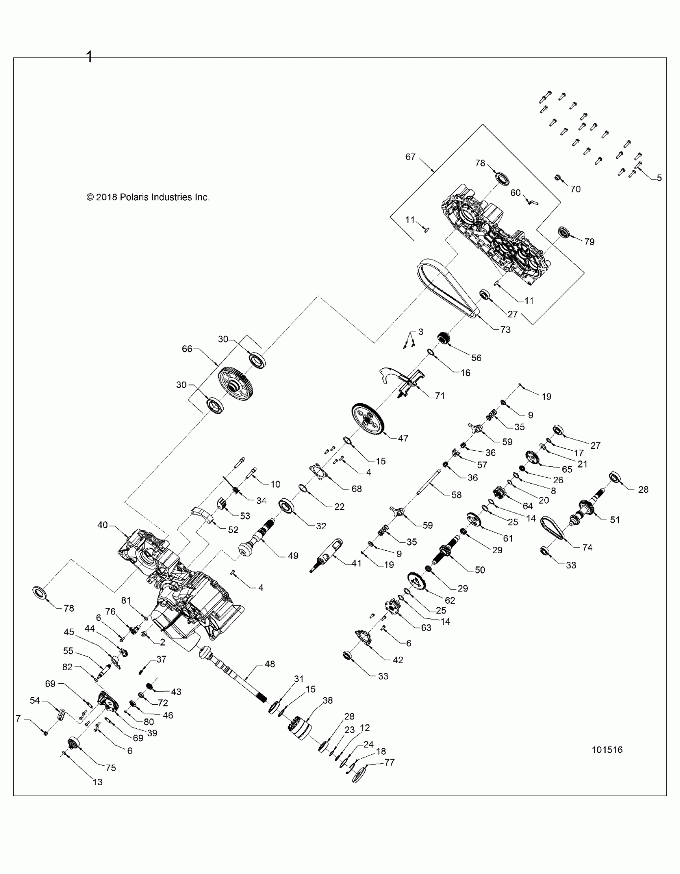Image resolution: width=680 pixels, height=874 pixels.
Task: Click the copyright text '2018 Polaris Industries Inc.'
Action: click(x=148, y=197)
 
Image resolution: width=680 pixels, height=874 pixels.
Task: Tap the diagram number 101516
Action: click(x=607, y=750)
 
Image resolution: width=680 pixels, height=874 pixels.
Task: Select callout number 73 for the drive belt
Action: click(x=506, y=329)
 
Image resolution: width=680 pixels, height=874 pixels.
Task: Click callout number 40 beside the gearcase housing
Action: click(x=102, y=525)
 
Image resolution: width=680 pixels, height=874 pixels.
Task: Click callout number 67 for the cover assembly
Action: click(x=410, y=157)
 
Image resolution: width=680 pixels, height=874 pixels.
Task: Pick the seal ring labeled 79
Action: click(x=564, y=232)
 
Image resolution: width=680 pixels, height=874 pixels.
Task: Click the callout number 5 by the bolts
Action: click(x=659, y=178)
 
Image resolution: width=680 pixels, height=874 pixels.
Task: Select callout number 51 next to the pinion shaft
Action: click(x=615, y=520)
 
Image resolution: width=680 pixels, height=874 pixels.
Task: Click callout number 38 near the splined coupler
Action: click(x=327, y=700)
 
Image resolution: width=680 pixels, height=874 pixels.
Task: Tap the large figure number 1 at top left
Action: click(x=89, y=56)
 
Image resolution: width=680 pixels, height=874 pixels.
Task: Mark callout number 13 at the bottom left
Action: click(x=97, y=782)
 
